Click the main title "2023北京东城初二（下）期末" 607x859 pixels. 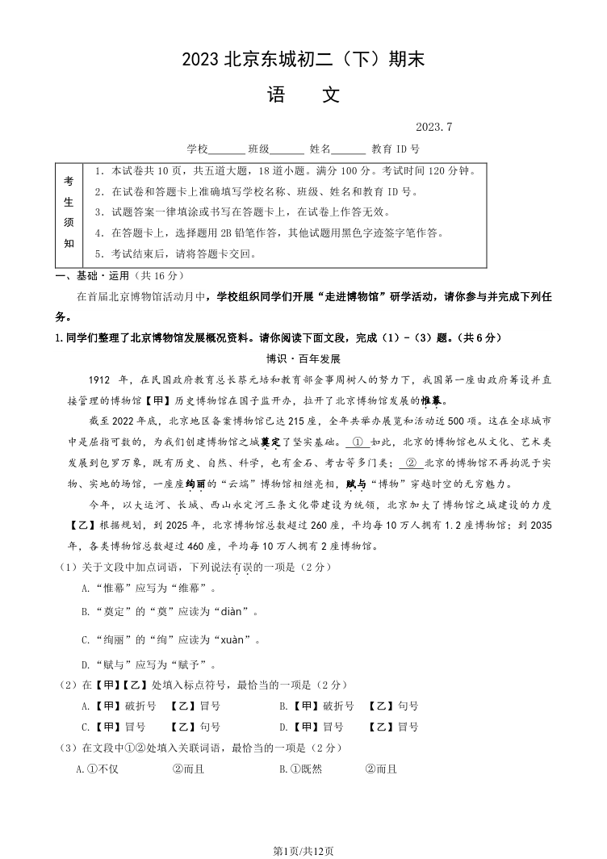pos(303,59)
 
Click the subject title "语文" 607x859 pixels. pos(303,95)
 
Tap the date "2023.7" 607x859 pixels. pos(434,128)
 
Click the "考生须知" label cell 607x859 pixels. pos(69,212)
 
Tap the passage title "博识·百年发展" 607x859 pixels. pos(303,358)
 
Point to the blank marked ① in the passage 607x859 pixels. pos(358,442)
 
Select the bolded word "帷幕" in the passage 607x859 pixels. pos(432,400)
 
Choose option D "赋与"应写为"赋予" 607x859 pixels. pos(149,665)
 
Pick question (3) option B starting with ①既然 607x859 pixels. pos(338,769)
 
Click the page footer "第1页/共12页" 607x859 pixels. pos(303,851)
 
